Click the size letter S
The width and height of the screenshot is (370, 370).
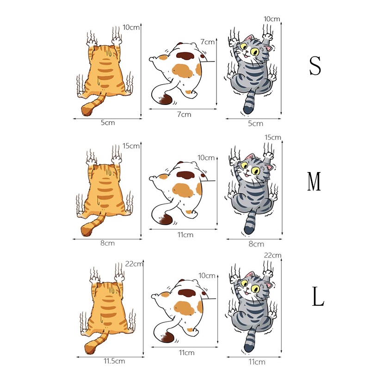click(x=315, y=66)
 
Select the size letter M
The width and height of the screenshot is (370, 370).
click(x=315, y=182)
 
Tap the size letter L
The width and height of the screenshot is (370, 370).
click(x=318, y=297)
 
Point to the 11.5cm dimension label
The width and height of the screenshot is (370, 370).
click(x=114, y=361)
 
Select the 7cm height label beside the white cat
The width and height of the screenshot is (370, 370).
click(x=208, y=42)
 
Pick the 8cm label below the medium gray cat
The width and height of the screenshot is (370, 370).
click(x=256, y=244)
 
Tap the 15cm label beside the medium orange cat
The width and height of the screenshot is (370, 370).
click(x=132, y=146)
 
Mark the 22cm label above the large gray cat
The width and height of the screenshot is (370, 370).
click(x=273, y=255)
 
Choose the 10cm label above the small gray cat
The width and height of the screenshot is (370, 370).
click(x=272, y=19)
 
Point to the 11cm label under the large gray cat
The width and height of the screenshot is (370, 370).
click(x=257, y=362)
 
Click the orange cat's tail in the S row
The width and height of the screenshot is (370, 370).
click(x=91, y=107)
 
